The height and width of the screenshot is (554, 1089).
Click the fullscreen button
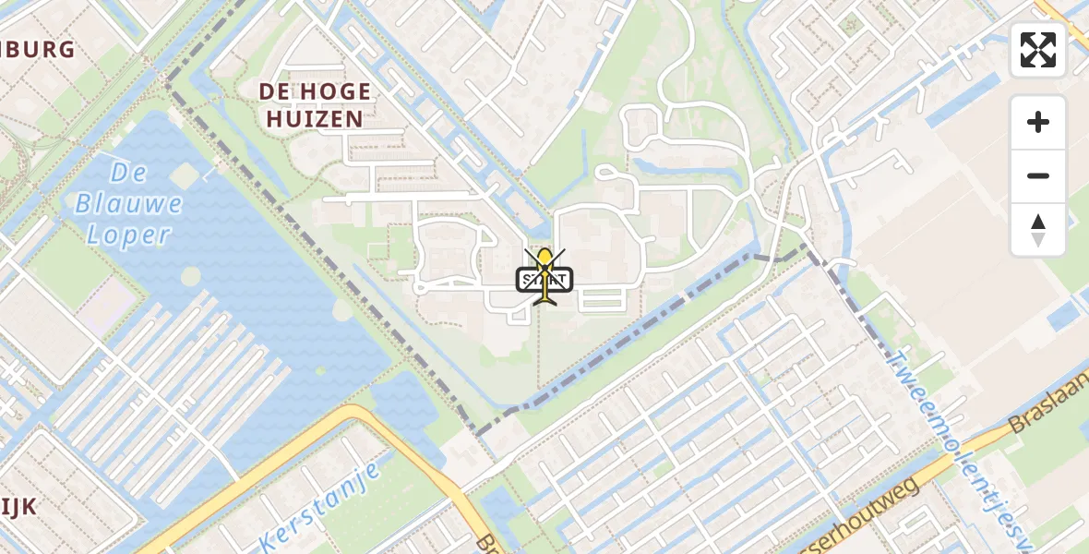1038,50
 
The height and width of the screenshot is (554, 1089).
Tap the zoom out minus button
1038,175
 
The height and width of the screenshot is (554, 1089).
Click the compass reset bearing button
1038,230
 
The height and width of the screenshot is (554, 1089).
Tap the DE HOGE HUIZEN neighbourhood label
315,104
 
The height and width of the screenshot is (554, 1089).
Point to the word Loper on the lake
128,234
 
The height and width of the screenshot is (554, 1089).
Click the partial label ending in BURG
37,50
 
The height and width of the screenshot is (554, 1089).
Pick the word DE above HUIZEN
275,91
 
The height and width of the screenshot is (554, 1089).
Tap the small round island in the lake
190,276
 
